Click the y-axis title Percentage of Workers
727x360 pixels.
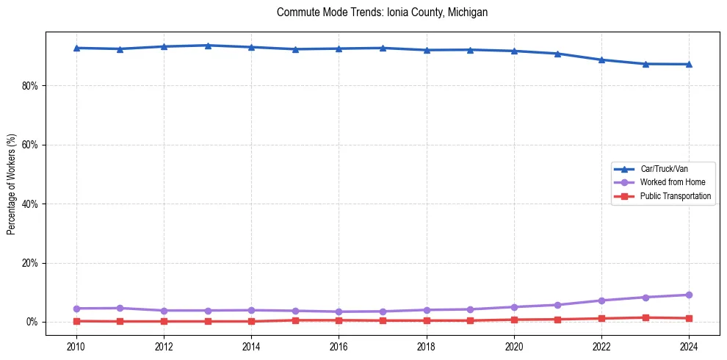[12, 184]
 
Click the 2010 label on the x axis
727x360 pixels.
[76, 345]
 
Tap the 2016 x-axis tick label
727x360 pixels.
[339, 345]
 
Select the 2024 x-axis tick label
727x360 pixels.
[689, 345]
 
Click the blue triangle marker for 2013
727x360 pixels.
[208, 46]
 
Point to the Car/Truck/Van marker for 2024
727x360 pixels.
[689, 64]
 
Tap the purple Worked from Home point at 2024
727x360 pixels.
[689, 295]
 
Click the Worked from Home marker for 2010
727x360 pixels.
[76, 309]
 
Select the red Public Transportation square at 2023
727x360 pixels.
[645, 317]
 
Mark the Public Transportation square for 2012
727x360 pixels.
[164, 321]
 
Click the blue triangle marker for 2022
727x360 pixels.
[601, 60]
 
